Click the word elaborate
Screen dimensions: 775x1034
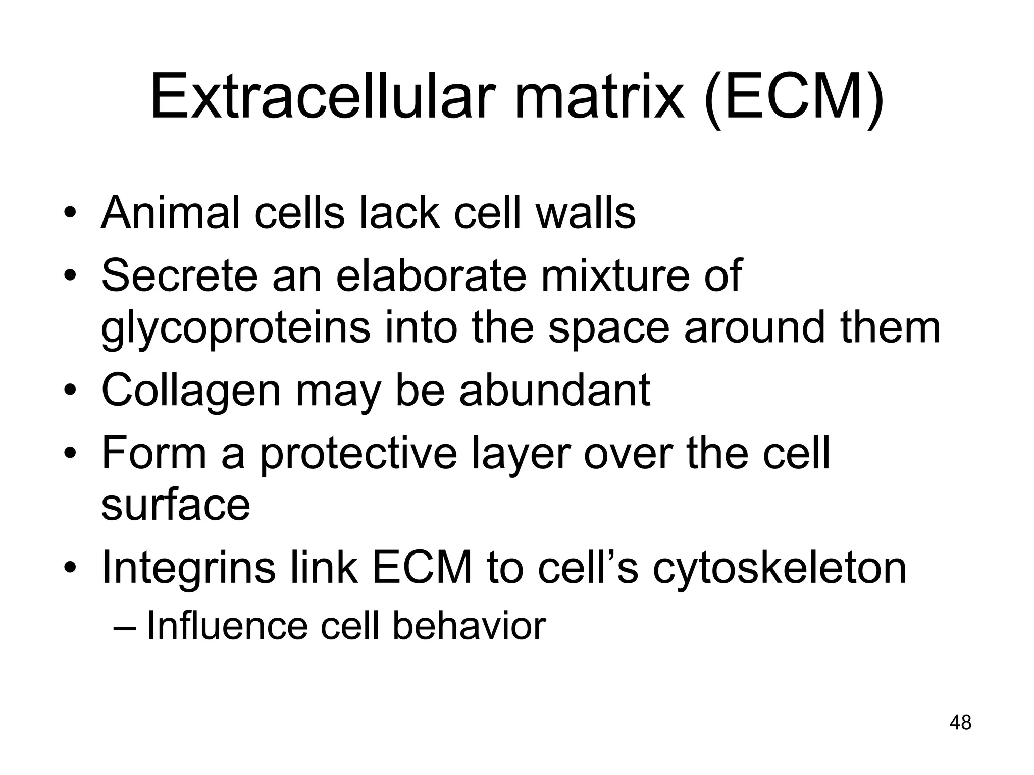click(431, 275)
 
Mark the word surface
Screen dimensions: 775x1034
click(176, 506)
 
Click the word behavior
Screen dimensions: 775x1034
click(469, 626)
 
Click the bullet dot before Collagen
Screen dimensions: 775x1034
click(70, 391)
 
